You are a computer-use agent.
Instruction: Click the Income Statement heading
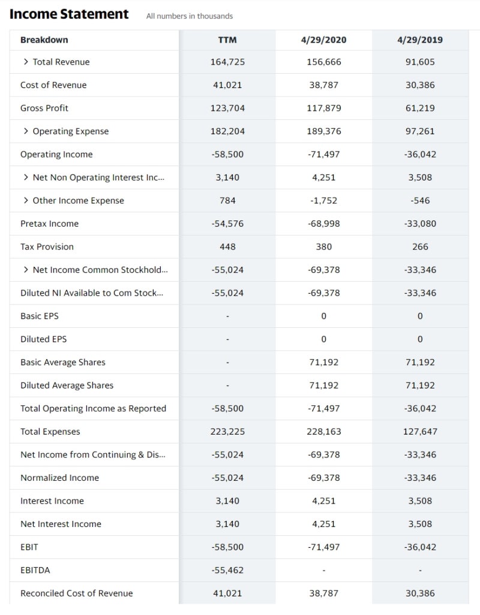coord(69,14)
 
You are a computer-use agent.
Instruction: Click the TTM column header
coord(227,40)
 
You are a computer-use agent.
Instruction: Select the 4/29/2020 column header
coord(324,40)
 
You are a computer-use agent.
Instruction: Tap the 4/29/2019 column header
coord(420,40)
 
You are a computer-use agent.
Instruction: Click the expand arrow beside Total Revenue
coord(26,62)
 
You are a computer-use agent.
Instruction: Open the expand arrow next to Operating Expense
coord(26,131)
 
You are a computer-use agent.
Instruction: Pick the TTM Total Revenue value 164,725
coord(227,62)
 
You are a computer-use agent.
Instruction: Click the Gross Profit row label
coord(44,108)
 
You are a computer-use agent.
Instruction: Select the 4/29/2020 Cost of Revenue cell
coord(324,85)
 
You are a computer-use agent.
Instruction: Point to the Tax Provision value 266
coord(420,246)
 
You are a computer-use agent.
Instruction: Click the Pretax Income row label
coord(49,224)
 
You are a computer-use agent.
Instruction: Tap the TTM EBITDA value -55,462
coord(227,569)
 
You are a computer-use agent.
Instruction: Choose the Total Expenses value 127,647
coord(420,432)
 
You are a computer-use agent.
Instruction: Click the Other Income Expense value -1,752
coord(324,200)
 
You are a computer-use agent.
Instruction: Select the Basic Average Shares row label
coord(62,362)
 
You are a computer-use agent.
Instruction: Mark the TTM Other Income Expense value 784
coord(227,200)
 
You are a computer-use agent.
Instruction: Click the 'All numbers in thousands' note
coord(190,16)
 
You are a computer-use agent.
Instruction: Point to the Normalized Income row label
coord(59,478)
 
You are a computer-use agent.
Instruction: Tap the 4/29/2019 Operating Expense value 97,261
coord(420,131)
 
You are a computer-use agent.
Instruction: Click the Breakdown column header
coord(44,40)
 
